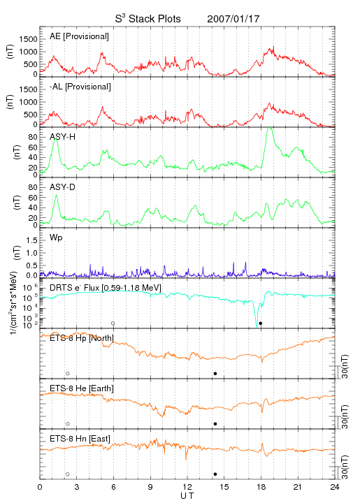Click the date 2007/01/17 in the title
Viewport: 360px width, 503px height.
[233, 19]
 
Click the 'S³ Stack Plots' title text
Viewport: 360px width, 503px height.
[148, 19]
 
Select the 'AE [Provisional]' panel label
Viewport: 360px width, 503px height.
[79, 36]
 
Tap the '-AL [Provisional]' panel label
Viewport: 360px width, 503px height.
[80, 87]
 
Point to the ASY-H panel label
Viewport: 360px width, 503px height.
[63, 137]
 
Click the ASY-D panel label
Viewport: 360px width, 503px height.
[63, 187]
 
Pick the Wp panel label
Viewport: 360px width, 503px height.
[56, 238]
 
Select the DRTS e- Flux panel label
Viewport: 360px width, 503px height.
[106, 288]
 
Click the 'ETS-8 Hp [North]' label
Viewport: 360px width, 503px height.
[82, 338]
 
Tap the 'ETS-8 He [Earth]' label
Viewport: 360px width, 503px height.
[82, 388]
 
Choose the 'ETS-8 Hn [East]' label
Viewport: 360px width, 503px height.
[80, 439]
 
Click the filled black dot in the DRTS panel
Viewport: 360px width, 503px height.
[261, 323]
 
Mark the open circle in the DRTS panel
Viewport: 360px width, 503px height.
[113, 323]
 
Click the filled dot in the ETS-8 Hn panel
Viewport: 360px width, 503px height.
[215, 474]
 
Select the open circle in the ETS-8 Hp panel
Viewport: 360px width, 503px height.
[68, 373]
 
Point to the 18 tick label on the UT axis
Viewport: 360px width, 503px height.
[261, 487]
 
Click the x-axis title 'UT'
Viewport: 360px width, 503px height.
[187, 496]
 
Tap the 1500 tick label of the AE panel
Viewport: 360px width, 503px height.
[28, 39]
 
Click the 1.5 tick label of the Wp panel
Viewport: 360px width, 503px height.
[31, 240]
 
